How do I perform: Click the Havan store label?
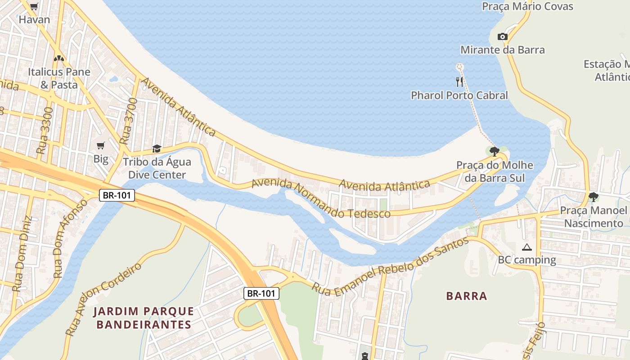click(x=34, y=20)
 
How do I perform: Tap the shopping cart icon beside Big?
click(x=101, y=145)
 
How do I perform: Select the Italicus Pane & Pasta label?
click(x=59, y=78)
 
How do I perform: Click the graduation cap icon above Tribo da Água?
click(x=157, y=148)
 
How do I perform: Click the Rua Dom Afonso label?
click(x=70, y=238)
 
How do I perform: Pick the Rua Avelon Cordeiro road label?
click(x=103, y=299)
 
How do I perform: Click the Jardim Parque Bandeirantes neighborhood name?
click(x=144, y=318)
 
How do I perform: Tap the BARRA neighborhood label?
click(x=467, y=296)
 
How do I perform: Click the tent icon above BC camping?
click(x=526, y=247)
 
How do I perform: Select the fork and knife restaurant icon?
click(x=459, y=81)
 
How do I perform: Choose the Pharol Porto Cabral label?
click(x=459, y=95)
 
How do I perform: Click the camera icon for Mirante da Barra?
click(x=502, y=37)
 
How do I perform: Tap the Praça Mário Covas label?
click(x=527, y=6)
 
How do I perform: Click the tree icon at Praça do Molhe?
click(x=494, y=151)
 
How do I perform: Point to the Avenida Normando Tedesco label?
click(x=320, y=198)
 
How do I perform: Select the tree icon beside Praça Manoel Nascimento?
click(x=593, y=197)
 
